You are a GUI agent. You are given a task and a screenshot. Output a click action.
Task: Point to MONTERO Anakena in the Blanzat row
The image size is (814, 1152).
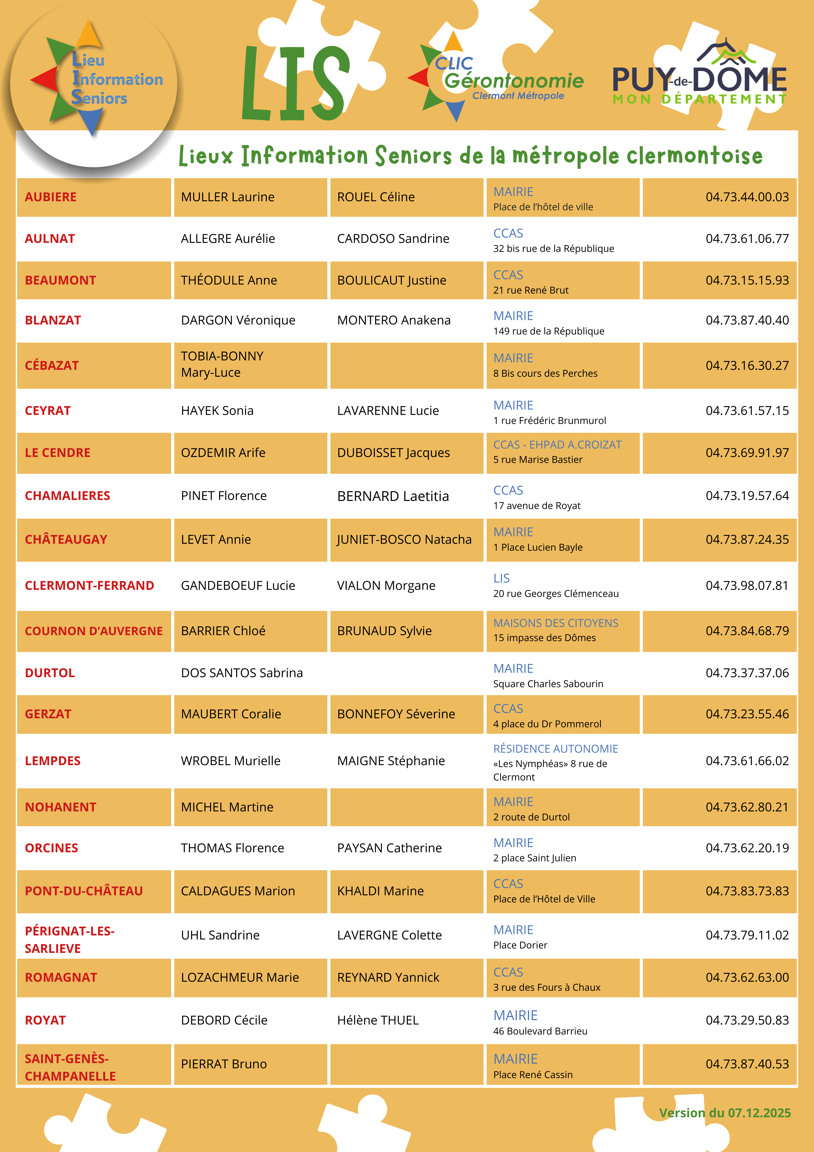point(394,320)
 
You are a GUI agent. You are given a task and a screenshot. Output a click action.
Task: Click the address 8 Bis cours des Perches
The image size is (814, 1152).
point(545,373)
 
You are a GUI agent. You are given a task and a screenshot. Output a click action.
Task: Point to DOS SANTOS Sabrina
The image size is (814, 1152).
point(242,673)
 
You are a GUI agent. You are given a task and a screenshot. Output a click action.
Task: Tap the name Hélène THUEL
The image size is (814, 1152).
point(378,1020)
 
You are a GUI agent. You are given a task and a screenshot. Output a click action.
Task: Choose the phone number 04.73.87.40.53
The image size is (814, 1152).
point(747,1064)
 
